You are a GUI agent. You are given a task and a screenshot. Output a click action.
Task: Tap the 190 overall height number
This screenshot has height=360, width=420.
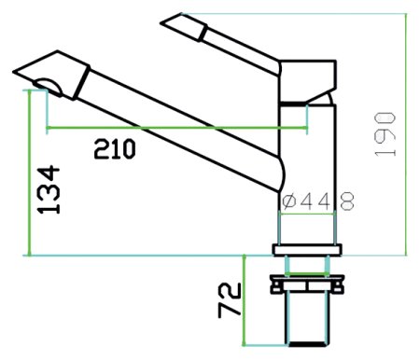pyautogui.click(x=386, y=133)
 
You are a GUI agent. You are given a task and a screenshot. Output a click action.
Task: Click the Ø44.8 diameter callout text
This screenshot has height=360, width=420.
pyautogui.click(x=318, y=200)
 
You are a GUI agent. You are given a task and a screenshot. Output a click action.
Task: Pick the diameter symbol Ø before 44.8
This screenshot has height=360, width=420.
pyautogui.click(x=289, y=200)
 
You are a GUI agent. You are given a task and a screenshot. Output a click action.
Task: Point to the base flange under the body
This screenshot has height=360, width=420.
pyautogui.click(x=307, y=249)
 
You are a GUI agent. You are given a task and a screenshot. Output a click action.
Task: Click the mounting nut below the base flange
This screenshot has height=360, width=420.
pyautogui.click(x=306, y=283)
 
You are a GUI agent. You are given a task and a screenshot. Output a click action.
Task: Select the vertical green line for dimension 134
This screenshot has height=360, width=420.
pyautogui.click(x=31, y=177)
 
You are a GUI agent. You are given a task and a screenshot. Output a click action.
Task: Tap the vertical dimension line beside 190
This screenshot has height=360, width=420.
pyautogui.click(x=408, y=133)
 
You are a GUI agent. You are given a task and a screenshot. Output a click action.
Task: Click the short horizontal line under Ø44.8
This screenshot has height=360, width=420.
pyautogui.click(x=307, y=215)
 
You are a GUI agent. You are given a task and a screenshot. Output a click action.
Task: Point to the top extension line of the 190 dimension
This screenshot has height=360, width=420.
pyautogui.click(x=308, y=14)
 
